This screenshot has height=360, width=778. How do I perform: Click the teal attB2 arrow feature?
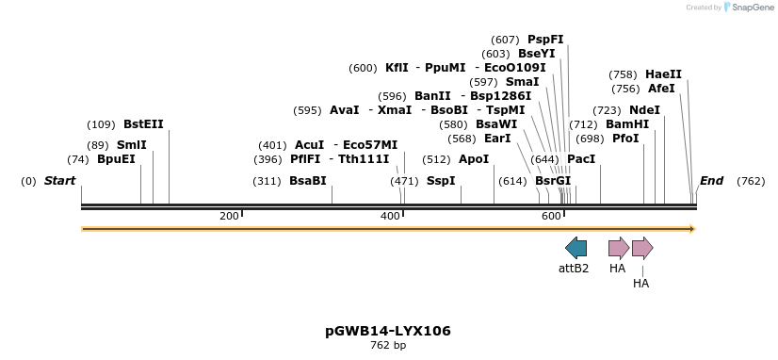(x=575, y=248)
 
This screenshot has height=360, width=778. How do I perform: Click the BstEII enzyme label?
(x=143, y=124)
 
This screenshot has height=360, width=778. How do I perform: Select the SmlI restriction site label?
(x=131, y=145)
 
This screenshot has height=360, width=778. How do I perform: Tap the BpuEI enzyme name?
(x=116, y=159)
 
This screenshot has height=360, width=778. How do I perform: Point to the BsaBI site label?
(x=307, y=181)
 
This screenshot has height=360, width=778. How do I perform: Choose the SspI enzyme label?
(x=441, y=181)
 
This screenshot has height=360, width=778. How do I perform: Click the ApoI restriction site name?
(x=474, y=159)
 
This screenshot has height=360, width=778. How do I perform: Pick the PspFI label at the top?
(x=545, y=40)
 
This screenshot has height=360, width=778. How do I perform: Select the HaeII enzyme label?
(x=663, y=74)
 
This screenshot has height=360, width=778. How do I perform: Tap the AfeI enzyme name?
(x=661, y=89)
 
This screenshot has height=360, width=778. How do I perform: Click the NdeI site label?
(x=644, y=110)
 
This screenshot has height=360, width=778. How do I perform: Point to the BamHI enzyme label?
(x=627, y=124)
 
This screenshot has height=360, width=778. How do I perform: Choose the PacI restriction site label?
(x=581, y=159)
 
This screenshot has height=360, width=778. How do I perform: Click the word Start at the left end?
(x=59, y=181)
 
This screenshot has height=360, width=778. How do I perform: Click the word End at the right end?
(x=711, y=181)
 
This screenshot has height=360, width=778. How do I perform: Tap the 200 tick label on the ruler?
(x=229, y=217)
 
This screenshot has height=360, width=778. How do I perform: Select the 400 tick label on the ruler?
(x=390, y=217)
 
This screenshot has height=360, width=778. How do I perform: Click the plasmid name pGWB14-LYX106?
(x=388, y=331)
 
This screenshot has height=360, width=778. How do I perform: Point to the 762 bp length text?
(x=388, y=346)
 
